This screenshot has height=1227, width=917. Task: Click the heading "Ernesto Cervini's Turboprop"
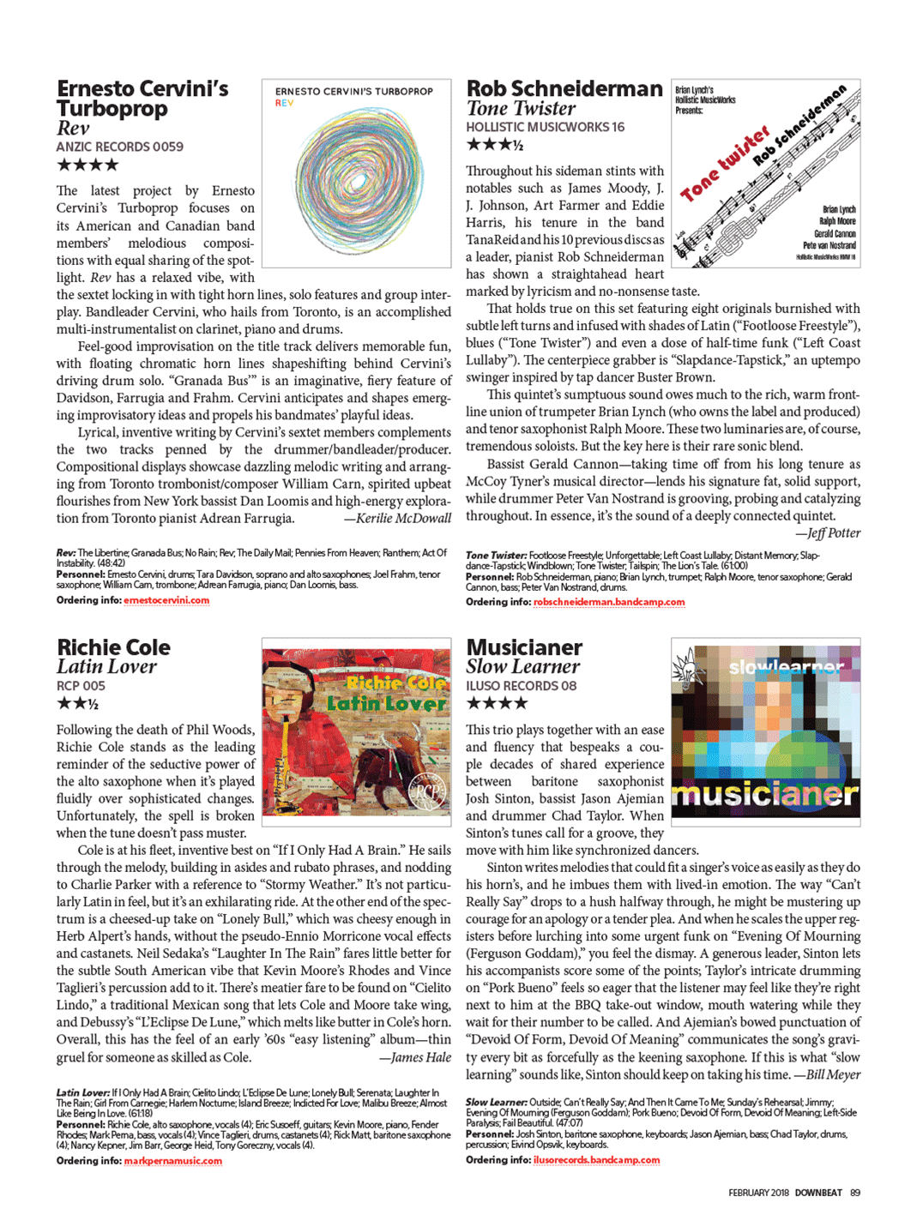point(142,99)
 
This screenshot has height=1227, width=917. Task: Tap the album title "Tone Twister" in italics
point(521,109)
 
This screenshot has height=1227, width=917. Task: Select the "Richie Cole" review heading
point(113,647)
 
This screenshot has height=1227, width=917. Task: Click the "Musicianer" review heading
point(524,647)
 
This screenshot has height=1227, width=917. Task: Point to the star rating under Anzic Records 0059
point(87,165)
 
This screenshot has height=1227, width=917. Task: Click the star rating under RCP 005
point(77,704)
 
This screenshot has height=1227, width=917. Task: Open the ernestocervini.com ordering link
point(166,600)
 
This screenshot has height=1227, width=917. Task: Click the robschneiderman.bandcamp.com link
point(609,602)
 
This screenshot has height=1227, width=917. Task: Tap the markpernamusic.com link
point(172,1161)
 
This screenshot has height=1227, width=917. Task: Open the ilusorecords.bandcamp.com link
point(596,1160)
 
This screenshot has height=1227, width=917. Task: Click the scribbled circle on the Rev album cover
point(356,180)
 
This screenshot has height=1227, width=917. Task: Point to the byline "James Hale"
point(420,1057)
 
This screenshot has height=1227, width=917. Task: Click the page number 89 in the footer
point(854,1193)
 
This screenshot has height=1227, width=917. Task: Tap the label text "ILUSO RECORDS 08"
point(521,686)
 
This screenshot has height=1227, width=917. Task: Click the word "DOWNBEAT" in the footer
point(817,1193)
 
